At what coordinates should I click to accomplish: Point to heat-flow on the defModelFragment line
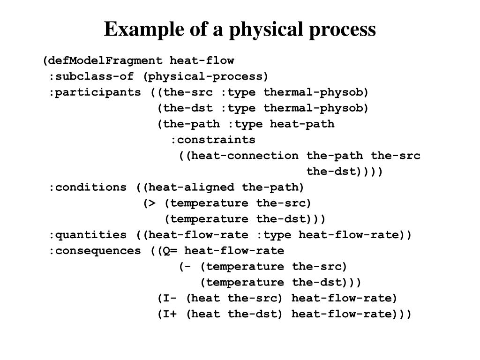(202, 60)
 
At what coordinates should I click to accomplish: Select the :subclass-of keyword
(91, 76)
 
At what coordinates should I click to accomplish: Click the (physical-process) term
(206, 76)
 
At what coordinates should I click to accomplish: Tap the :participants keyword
(95, 92)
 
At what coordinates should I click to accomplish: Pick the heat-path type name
(302, 124)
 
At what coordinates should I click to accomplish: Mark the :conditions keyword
(87, 187)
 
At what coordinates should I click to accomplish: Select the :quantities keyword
(87, 234)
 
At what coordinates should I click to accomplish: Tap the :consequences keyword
(95, 250)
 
